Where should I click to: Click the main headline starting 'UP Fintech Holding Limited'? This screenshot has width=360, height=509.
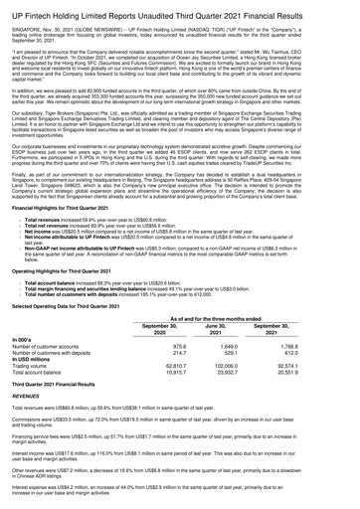click(179, 10)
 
